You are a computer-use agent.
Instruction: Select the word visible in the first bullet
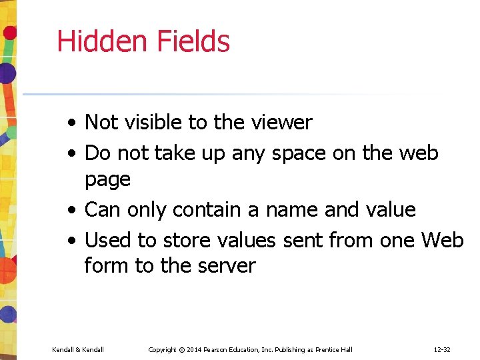pos(155,123)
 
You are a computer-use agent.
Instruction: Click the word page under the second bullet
pos(107,179)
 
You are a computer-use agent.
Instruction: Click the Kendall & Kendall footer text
pos(77,349)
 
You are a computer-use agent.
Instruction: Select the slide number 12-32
pos(442,349)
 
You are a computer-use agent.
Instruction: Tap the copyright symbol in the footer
pos(181,349)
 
